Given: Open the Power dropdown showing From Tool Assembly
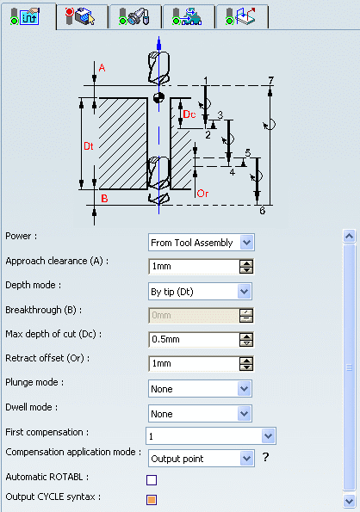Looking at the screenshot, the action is (x=202, y=243).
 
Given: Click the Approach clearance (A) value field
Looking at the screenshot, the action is (x=194, y=267).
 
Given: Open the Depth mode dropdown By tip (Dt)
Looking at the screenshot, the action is (x=200, y=291).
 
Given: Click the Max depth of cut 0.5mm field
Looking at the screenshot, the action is (x=194, y=340).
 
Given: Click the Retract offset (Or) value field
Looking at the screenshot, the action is (x=194, y=364).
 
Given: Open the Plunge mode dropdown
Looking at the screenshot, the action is (x=200, y=389).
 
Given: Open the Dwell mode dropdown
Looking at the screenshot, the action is (x=200, y=413).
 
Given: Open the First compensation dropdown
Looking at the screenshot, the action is (x=211, y=436).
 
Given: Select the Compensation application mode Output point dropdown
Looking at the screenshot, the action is (x=202, y=459).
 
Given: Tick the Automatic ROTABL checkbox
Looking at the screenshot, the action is (x=152, y=480).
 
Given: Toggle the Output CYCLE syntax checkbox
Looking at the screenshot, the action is (x=152, y=500).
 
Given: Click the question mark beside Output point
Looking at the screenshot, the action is (x=266, y=457).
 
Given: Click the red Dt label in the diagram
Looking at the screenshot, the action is (x=89, y=146).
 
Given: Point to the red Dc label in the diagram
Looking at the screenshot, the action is (x=189, y=114).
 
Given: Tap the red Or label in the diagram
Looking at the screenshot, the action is (x=202, y=194).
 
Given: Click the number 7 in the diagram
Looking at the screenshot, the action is (x=270, y=80).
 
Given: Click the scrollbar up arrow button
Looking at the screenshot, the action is (x=349, y=236).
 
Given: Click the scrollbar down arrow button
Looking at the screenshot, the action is (x=349, y=501).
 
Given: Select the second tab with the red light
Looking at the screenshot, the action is (x=82, y=16).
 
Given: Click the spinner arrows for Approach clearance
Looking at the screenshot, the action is (x=246, y=267).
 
